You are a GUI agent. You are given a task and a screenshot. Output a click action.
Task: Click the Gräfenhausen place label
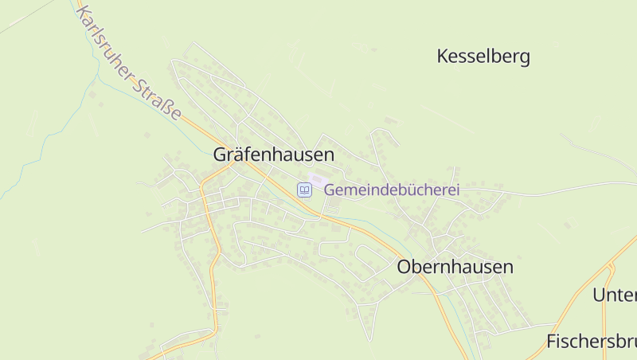tap(273, 155)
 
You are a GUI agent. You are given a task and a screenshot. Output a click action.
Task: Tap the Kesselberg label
tap(483, 57)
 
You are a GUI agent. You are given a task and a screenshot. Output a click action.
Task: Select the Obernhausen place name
tap(455, 267)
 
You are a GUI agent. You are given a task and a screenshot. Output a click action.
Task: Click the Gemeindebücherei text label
tap(392, 190)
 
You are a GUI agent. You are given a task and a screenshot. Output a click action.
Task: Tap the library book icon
tap(304, 190)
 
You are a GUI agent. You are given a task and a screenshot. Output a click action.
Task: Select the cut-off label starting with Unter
tap(615, 295)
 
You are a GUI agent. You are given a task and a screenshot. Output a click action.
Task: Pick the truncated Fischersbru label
tap(592, 342)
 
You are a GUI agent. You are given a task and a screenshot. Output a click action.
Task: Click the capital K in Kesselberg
tap(443, 57)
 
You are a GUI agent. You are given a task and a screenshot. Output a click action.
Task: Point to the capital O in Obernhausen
tap(404, 267)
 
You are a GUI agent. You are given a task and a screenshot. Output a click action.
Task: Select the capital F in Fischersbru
tap(551, 342)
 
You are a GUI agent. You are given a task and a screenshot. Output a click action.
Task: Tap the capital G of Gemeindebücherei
tap(330, 190)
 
